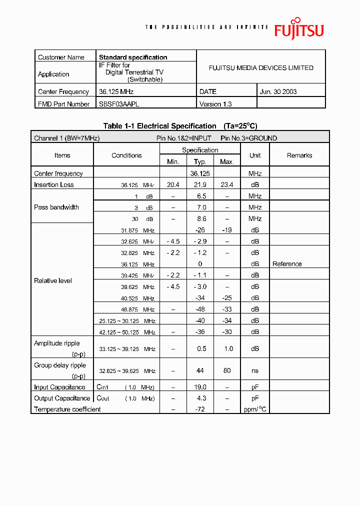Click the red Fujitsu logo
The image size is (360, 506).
[298, 28]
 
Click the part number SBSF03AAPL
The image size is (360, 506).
[119, 104]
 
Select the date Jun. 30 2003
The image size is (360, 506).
[278, 91]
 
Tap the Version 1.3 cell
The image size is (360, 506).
[215, 104]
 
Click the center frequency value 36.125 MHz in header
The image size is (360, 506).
[116, 91]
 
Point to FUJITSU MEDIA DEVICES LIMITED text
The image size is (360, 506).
[261, 67]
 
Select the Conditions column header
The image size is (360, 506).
[126, 155]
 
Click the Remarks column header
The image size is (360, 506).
[299, 155]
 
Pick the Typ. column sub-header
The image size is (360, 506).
[200, 161]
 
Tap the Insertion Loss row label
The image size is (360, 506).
[54, 184]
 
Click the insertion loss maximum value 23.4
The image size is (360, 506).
[227, 184]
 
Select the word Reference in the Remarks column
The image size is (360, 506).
[287, 264]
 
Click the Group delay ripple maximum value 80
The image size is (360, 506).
[227, 371]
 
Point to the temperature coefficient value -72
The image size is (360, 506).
[200, 409]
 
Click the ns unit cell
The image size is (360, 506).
[255, 371]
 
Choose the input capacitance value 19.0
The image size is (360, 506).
[200, 387]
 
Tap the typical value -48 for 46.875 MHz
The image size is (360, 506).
[200, 309]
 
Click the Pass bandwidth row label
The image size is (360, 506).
[56, 207]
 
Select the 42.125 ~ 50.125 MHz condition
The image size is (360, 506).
[127, 332]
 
